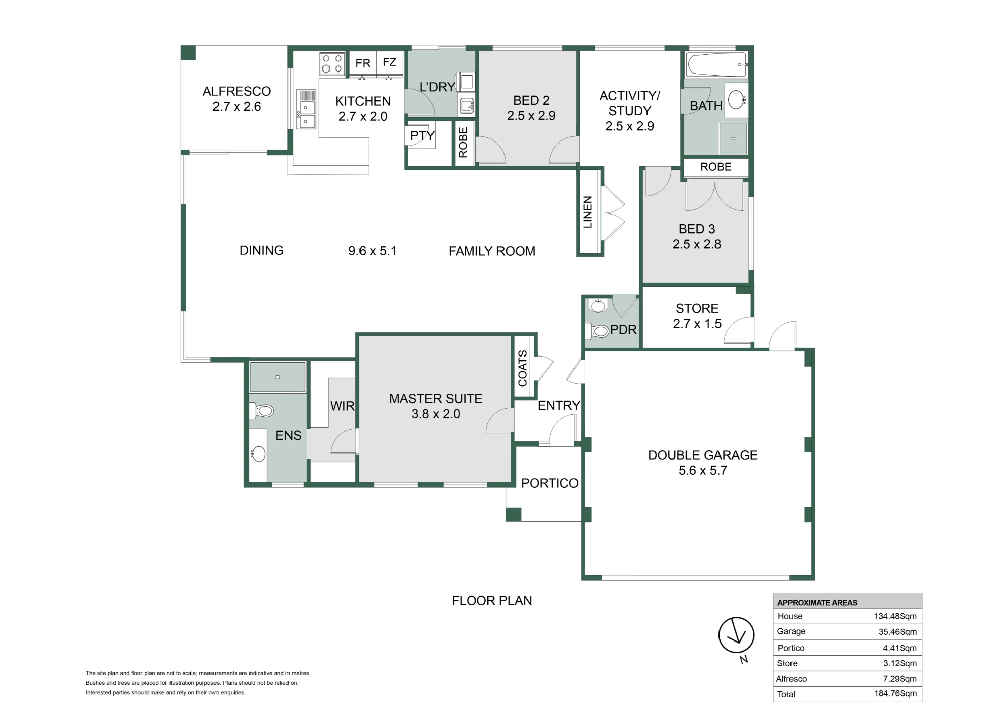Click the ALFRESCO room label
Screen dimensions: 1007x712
237,91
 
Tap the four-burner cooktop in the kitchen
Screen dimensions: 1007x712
332,64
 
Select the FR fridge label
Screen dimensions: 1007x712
363,63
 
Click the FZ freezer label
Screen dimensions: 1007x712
389,62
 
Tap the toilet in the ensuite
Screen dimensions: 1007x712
261,411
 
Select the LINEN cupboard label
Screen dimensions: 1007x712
587,212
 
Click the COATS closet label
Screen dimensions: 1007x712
522,368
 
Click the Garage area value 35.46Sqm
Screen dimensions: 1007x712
897,632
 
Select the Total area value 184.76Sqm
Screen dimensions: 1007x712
895,694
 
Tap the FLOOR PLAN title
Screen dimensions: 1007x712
492,601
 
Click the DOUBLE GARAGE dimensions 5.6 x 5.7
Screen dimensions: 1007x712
703,471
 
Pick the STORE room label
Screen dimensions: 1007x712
697,308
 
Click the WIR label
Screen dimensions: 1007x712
342,406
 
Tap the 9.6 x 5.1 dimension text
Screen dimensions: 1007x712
373,251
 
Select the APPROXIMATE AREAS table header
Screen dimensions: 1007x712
817,602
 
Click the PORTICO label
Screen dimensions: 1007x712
550,483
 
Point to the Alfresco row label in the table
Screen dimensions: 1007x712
792,679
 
